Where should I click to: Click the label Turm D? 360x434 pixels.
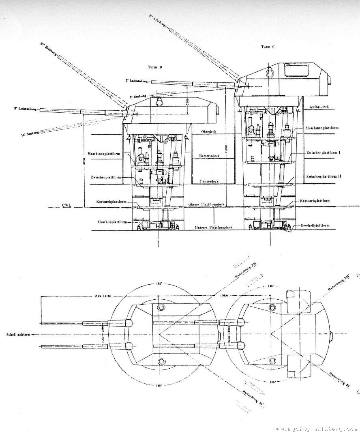click(155, 67)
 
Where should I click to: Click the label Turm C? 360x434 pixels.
click(268, 47)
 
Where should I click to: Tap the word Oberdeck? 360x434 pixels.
click(209, 131)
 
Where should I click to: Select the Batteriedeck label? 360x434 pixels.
click(210, 156)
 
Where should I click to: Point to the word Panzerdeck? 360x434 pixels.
click(210, 181)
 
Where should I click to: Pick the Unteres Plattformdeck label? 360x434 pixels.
click(210, 228)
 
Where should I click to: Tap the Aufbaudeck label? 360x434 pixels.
click(319, 107)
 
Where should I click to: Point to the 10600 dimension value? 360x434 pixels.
click(213, 296)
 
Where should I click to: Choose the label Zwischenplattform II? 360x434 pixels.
click(324, 177)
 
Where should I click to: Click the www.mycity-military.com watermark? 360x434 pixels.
click(315, 428)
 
